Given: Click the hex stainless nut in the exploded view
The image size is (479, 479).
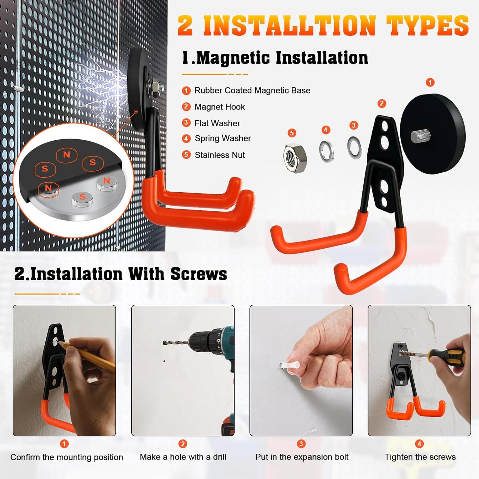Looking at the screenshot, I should pos(295,158).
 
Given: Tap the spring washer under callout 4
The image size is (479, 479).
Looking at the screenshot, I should pos(326,151).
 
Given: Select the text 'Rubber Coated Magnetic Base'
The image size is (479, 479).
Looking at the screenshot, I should pos(252,90).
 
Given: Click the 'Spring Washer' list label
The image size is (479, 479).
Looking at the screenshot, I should pos(222,138).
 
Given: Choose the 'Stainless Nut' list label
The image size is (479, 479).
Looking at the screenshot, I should pos(220,155).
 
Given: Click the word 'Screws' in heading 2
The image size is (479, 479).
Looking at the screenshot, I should pos(199,274).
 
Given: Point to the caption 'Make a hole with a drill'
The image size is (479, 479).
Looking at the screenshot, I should pos(183,457).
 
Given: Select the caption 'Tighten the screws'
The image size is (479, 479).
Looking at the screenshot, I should pos(420,457).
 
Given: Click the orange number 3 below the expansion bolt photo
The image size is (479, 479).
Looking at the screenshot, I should pos(301,444).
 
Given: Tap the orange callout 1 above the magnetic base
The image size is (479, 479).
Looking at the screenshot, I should pos(430,82).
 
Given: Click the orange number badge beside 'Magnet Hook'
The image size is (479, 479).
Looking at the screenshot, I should pos(186,107).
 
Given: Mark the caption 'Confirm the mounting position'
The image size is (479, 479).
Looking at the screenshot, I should pos(67,457).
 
